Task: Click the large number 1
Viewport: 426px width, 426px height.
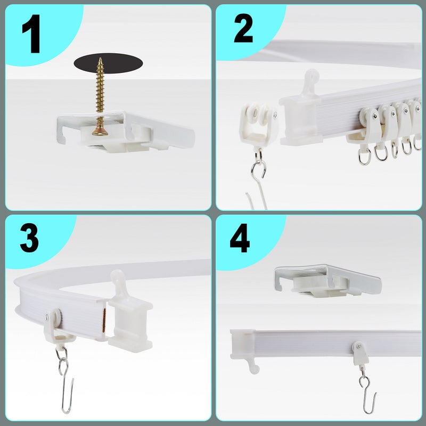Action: tap(31, 34)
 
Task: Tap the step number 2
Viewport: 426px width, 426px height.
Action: tap(243, 28)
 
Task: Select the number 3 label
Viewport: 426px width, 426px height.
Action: tap(29, 237)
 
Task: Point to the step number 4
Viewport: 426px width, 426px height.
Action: tap(240, 238)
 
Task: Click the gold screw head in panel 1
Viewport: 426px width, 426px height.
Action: tap(100, 131)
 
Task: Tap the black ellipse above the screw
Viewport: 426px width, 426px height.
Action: tap(108, 63)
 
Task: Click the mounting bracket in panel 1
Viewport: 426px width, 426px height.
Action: tap(126, 131)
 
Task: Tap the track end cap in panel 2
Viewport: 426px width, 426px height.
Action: tap(301, 114)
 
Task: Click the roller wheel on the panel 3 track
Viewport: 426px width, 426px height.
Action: tap(58, 318)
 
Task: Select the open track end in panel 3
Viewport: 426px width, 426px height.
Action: tap(103, 321)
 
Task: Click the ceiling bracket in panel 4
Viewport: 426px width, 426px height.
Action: tap(328, 281)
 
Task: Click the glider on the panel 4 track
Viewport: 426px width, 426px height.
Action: tap(361, 353)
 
